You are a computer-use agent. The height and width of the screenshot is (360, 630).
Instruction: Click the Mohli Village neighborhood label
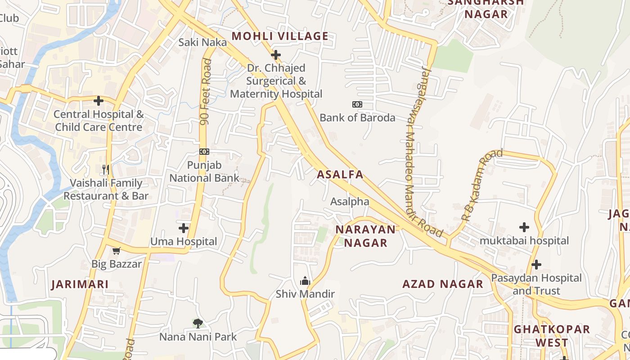point(279,36)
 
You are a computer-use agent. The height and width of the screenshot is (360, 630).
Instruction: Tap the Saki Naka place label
point(202,42)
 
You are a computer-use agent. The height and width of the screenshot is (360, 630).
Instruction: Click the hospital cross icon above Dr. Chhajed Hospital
point(276,55)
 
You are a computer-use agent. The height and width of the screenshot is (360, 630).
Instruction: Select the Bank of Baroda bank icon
point(357,104)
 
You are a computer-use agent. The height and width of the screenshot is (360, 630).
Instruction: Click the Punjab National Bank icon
point(204,152)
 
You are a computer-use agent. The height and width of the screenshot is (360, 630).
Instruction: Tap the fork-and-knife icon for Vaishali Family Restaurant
point(106,170)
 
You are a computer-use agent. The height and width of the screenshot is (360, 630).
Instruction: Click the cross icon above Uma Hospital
point(184,228)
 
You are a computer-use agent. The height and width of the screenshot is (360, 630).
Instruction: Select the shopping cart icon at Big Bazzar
point(117,251)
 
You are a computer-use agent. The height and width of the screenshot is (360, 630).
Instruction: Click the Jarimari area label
point(80,284)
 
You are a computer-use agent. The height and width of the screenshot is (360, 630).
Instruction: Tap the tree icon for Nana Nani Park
point(198,323)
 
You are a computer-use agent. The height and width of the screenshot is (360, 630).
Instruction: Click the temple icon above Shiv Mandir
point(305,281)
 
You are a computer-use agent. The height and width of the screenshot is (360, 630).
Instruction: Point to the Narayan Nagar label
point(365,236)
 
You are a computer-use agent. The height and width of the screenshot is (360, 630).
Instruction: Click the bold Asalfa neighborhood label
point(340,175)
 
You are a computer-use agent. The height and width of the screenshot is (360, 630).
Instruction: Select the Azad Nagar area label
point(442,284)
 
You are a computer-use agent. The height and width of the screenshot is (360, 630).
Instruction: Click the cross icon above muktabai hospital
point(524,227)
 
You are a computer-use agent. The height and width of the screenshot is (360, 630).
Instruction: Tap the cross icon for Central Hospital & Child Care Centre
point(99,101)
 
